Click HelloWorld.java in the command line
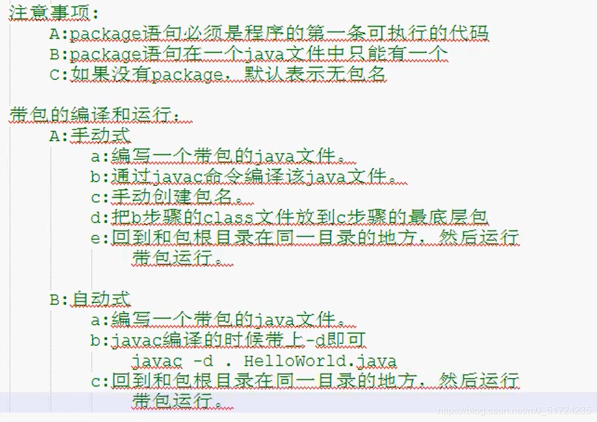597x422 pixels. [320, 361]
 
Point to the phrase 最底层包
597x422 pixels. [458, 218]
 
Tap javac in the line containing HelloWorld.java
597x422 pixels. [157, 361]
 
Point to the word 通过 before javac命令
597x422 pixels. [131, 177]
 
